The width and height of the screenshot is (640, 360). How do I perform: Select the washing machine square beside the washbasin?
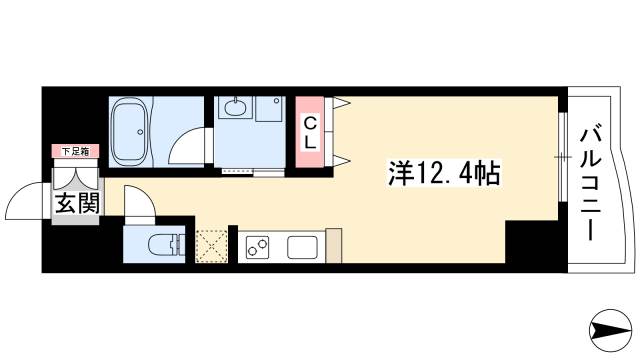pos(269,112)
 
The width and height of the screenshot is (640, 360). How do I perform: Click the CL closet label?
pos(310,132)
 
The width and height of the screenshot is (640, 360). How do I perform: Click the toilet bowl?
pos(164,244)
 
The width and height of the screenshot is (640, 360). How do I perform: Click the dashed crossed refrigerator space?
pos(212,246)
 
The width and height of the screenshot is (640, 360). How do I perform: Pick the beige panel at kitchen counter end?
pos(334,246)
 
